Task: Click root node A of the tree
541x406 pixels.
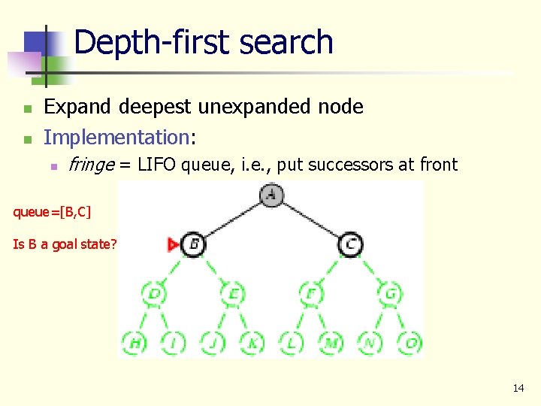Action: coord(271,195)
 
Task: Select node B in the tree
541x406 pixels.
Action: coord(193,244)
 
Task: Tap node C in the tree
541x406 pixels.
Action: coord(350,244)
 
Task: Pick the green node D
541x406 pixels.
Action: coord(154,293)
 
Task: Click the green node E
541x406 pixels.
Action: coord(232,293)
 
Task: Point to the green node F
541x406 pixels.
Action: coord(311,293)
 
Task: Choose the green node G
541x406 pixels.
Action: coord(390,293)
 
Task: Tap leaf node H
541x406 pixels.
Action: coord(135,343)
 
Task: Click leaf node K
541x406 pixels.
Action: coord(252,343)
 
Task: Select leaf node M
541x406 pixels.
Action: coord(331,343)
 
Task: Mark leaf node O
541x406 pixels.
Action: coord(410,343)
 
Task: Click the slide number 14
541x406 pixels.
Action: coord(518,388)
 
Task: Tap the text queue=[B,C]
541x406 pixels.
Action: coord(52,211)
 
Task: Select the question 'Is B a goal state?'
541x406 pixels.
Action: coord(65,244)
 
